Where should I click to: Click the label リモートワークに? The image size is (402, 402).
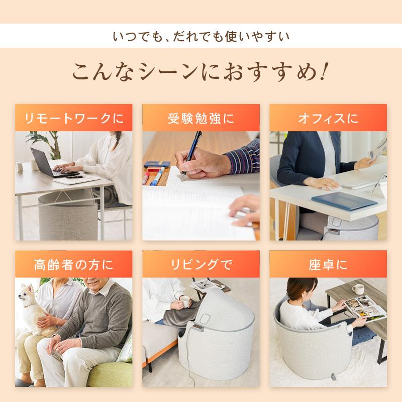(74, 119)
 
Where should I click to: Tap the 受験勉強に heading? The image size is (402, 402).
(200, 119)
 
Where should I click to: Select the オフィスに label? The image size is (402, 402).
(328, 119)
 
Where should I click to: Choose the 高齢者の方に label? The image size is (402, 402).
(74, 264)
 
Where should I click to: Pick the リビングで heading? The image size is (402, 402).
(200, 264)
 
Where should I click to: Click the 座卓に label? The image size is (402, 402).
(328, 264)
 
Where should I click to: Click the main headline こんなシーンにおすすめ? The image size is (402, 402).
(200, 72)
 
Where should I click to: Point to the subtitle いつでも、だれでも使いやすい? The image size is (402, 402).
(200, 37)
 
